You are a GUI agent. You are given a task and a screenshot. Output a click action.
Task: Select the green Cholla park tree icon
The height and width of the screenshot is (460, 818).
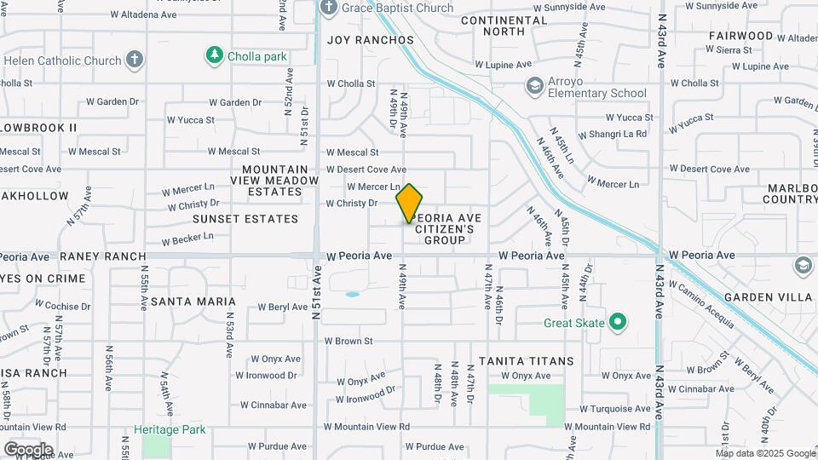pyautogui.click(x=214, y=56)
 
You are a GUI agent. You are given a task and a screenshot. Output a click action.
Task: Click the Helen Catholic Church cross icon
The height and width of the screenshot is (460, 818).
pyautogui.click(x=133, y=60)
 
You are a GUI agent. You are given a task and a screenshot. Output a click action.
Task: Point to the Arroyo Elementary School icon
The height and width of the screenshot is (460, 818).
pyautogui.click(x=534, y=85)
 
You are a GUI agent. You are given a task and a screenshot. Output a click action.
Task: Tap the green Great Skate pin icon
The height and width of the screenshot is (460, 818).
pyautogui.click(x=619, y=323)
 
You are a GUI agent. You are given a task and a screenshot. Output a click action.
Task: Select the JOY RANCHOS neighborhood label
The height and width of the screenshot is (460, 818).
pyautogui.click(x=371, y=40)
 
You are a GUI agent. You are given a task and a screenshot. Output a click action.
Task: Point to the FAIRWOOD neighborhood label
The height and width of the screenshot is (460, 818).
pyautogui.click(x=740, y=37)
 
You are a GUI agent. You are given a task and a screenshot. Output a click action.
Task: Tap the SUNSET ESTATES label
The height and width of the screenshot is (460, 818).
pyautogui.click(x=245, y=219)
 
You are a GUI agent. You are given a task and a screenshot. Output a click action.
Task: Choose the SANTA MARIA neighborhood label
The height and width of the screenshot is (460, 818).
pyautogui.click(x=193, y=302)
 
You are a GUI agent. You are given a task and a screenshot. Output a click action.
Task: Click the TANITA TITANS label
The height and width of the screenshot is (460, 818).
pyautogui.click(x=526, y=361)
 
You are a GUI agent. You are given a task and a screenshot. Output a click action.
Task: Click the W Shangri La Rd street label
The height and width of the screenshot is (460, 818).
pyautogui.click(x=613, y=135)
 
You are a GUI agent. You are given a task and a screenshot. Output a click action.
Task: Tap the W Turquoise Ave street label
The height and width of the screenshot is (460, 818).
pyautogui.click(x=616, y=409)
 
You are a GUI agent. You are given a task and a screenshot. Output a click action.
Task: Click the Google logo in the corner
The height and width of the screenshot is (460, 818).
pyautogui.click(x=28, y=449)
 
